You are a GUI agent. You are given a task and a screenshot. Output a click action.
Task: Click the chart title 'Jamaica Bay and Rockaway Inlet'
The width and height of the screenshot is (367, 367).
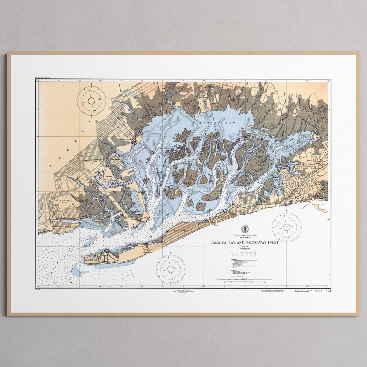[245, 243]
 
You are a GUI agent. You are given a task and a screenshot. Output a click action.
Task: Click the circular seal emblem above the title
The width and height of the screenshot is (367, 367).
[244, 229]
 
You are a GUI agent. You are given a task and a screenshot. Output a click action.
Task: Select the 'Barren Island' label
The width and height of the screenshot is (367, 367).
[134, 217]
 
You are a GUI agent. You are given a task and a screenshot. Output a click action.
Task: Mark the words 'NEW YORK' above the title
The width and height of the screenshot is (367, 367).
[244, 237]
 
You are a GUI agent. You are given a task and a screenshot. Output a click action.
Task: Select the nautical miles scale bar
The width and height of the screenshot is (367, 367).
[245, 280]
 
